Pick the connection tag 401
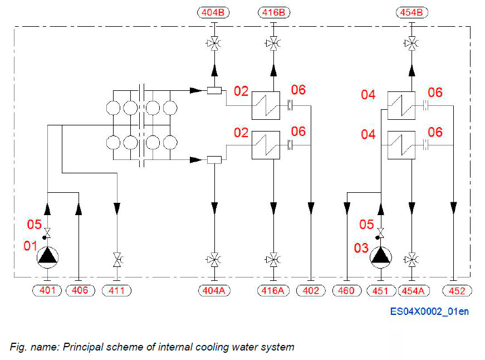[47, 290]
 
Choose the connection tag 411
[116, 290]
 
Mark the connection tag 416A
[273, 290]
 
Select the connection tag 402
[311, 290]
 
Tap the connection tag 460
[346, 290]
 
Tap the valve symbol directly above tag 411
[116, 259]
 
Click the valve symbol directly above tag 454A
[411, 259]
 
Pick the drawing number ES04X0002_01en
[429, 312]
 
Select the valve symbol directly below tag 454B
[411, 43]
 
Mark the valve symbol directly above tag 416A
[273, 259]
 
